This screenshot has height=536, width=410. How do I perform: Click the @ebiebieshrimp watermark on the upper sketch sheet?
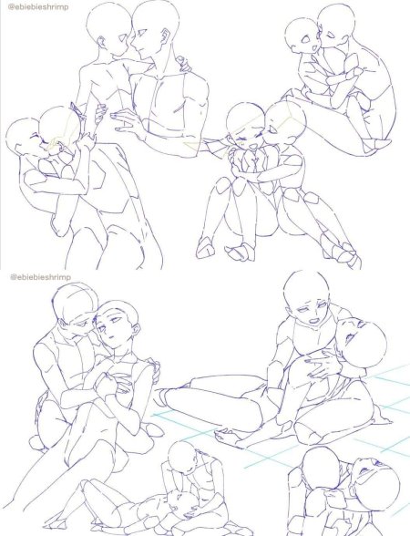(38, 6)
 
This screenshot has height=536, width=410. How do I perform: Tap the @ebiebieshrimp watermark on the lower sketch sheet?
(40, 276)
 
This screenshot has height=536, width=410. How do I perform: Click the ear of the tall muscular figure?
(167, 35)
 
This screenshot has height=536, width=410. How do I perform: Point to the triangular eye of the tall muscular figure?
(141, 33)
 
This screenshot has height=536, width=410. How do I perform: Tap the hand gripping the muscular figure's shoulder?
(184, 64)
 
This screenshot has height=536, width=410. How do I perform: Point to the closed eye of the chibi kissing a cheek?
(331, 34)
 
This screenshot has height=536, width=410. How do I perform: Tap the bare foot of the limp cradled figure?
(229, 436)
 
